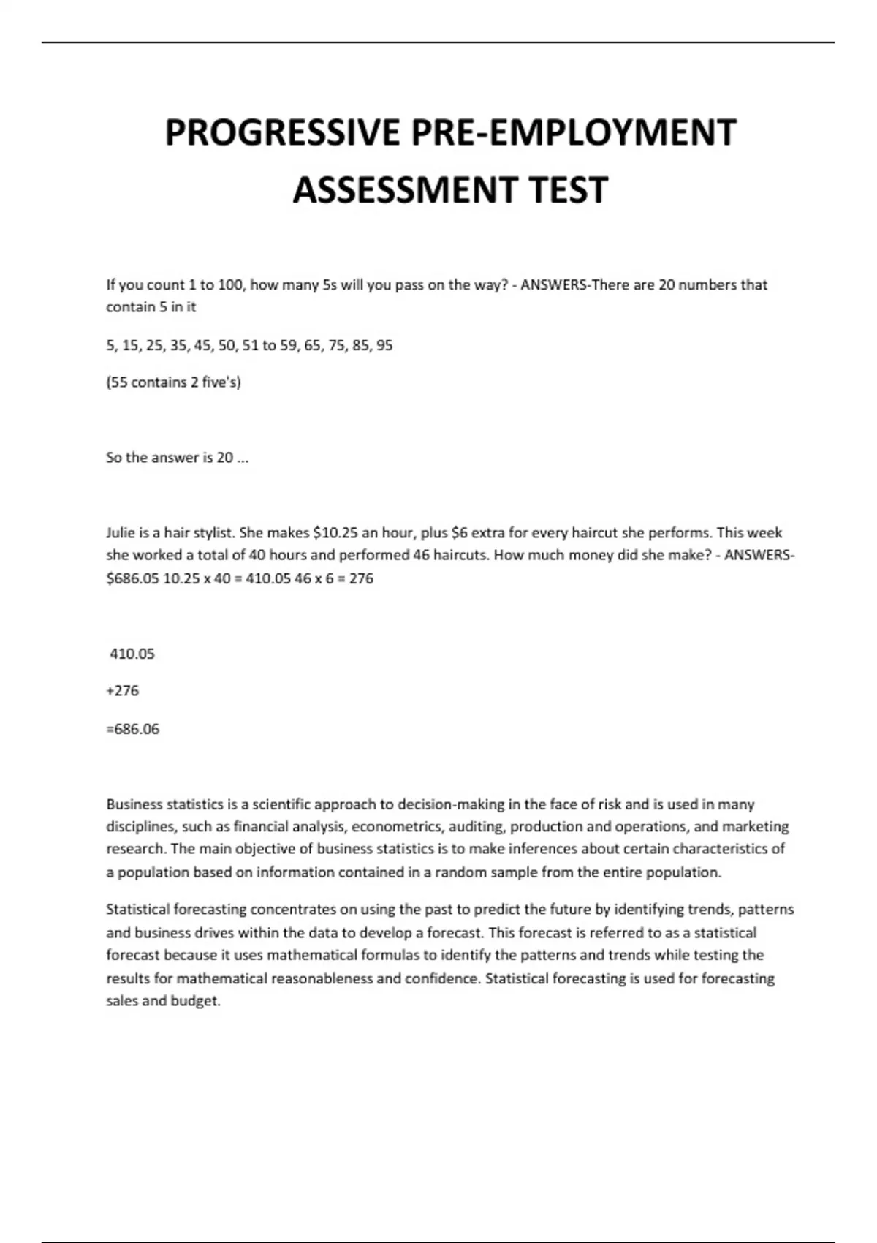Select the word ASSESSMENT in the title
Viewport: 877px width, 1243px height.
[405, 190]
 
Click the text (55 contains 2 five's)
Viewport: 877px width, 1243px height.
[173, 382]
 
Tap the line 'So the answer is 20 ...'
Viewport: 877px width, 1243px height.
[177, 458]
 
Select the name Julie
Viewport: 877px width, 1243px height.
[121, 532]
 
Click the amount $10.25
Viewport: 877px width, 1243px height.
[335, 532]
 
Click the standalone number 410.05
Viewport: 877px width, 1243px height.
[132, 654]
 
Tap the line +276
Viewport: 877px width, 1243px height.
[122, 691]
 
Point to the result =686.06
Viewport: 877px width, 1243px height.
[132, 729]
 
